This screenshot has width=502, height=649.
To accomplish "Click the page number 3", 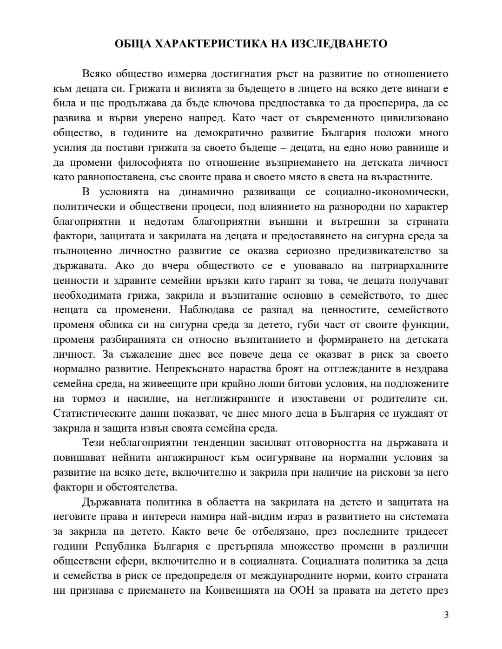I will (x=446, y=616).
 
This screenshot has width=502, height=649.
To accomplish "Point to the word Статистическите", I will (x=89, y=413).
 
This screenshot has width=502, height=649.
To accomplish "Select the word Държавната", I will (x=111, y=502).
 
